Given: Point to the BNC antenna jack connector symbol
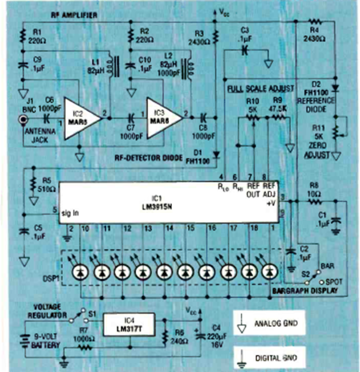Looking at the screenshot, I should tap(22, 120).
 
